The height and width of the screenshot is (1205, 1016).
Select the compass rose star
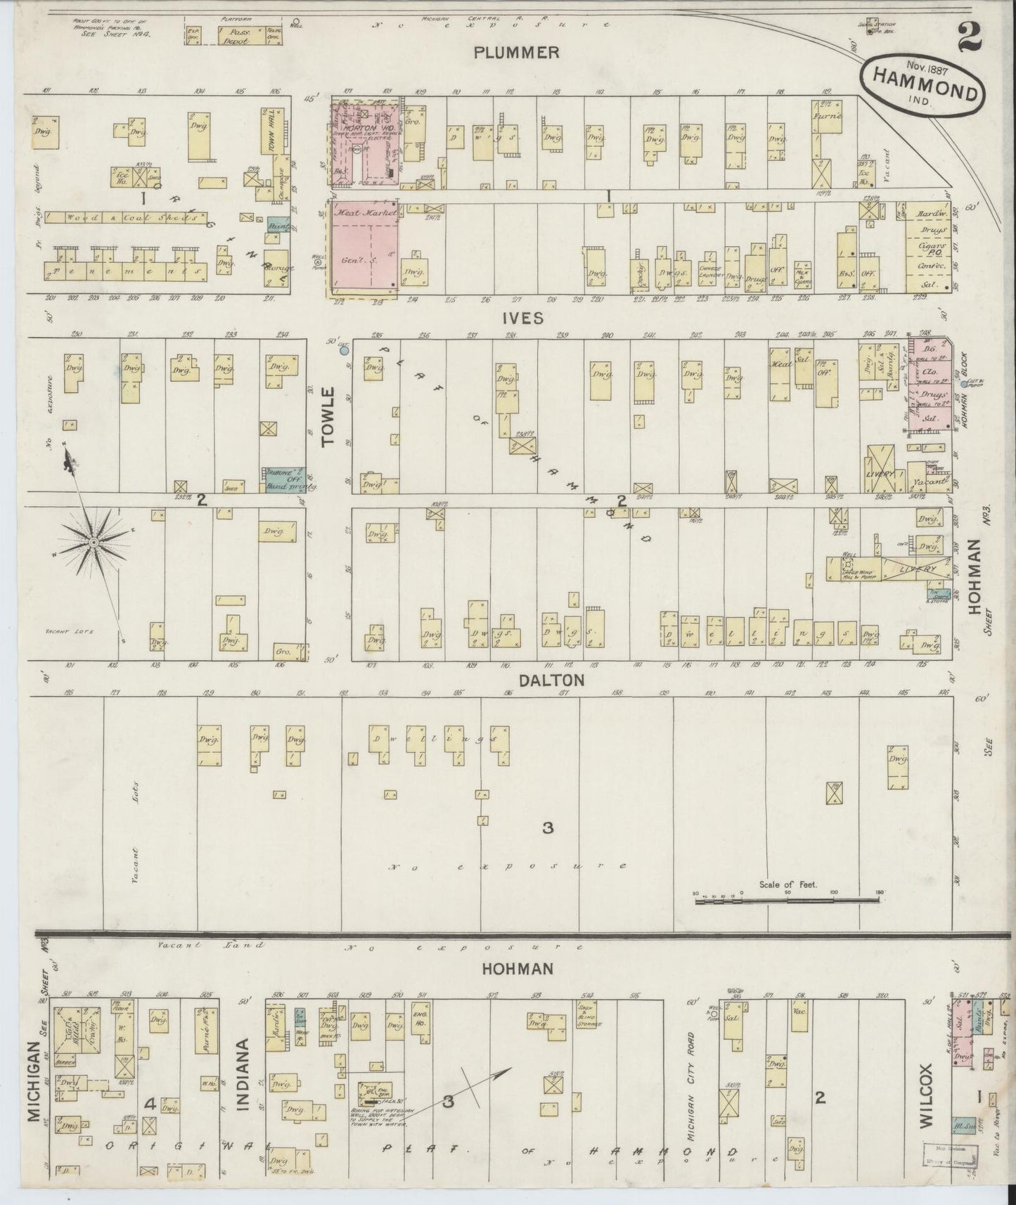(x=94, y=542)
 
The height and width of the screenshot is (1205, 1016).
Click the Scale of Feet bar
(x=787, y=898)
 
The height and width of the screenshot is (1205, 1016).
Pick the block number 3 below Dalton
(x=548, y=828)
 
